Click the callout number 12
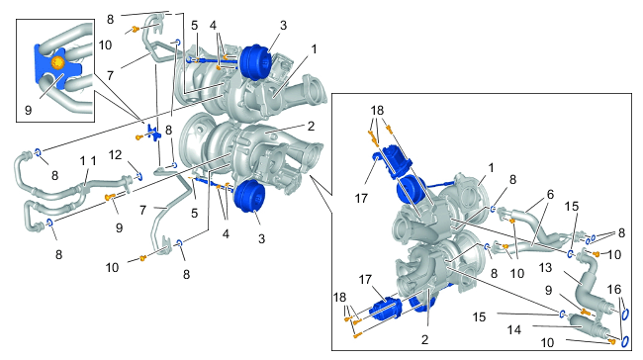click(x=115, y=155)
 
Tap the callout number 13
click(x=545, y=268)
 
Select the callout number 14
click(x=514, y=329)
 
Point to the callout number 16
click(x=614, y=290)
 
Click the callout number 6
click(x=550, y=194)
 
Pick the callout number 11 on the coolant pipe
click(x=88, y=161)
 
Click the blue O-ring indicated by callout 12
click(x=139, y=176)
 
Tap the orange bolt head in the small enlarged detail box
click(x=57, y=62)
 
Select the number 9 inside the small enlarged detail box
click(x=28, y=111)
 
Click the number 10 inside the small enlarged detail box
click(x=105, y=45)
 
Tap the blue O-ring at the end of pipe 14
click(x=625, y=341)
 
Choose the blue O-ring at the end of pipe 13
click(x=625, y=315)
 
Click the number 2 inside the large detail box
click(x=424, y=339)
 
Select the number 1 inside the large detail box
click(x=491, y=168)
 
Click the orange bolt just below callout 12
click(x=109, y=197)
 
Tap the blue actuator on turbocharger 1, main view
click(x=254, y=62)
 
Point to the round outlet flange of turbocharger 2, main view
click(x=315, y=154)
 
